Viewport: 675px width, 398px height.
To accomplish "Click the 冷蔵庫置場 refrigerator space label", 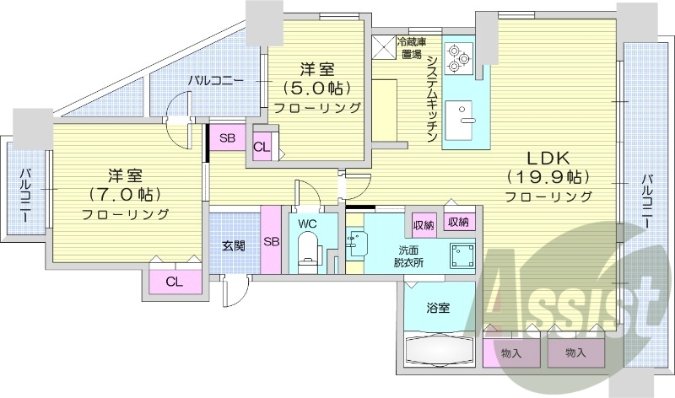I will (412, 48).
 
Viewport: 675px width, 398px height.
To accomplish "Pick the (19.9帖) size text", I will (548, 177).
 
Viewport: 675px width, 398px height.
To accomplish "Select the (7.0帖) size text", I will (125, 194).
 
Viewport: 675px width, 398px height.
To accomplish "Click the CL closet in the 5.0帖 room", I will (262, 147).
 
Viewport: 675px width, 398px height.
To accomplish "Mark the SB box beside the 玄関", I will (272, 240).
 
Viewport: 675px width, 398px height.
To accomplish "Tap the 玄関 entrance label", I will (234, 246).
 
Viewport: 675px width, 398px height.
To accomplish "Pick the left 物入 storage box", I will (510, 353).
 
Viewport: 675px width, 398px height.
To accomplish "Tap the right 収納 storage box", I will (458, 222).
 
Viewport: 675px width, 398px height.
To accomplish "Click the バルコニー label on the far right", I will (645, 202).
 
